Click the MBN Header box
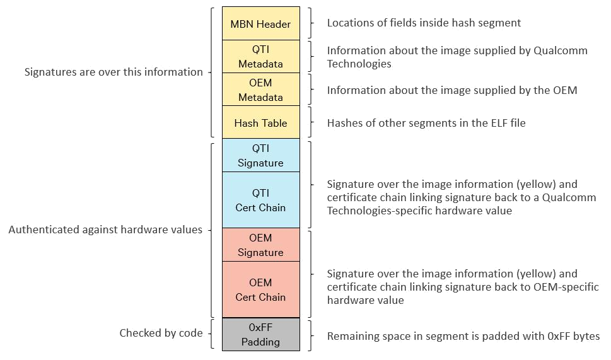tap(260, 24)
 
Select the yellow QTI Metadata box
tap(260, 57)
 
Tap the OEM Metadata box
tap(260, 90)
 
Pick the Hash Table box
tap(260, 123)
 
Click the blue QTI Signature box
tap(260, 156)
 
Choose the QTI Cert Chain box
tap(260, 200)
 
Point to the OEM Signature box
tap(260, 245)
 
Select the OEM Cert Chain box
tap(260, 289)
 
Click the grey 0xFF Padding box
tap(260, 335)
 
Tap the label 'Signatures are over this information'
tap(113, 72)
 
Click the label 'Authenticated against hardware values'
tap(105, 229)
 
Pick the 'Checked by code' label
tap(161, 333)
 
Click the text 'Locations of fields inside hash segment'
tap(424, 23)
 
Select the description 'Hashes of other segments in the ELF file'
tap(426, 124)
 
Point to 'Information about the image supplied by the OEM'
tap(451, 90)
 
